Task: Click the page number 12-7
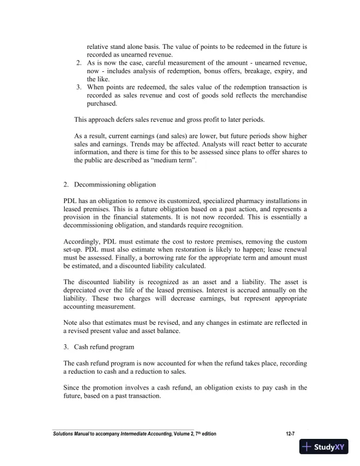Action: pyautogui.click(x=288, y=434)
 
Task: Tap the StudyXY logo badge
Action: pyautogui.click(x=324, y=447)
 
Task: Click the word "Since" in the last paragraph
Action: pyautogui.click(x=74, y=388)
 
